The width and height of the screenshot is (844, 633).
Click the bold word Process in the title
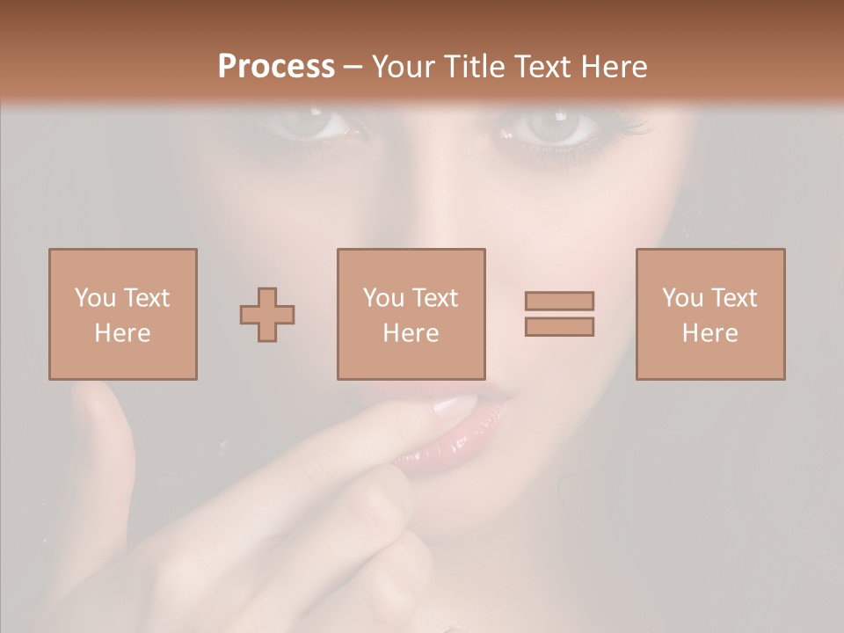[276, 67]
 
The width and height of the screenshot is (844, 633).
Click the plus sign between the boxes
[267, 315]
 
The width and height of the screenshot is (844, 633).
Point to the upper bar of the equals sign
[559, 302]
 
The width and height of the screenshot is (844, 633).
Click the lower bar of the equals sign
[559, 327]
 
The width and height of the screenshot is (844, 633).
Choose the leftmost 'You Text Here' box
[122, 314]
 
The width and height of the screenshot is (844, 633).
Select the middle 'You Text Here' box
[411, 314]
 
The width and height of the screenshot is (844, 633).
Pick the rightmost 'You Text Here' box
[709, 314]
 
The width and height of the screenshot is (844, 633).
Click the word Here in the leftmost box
[122, 333]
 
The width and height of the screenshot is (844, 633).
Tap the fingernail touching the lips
[456, 405]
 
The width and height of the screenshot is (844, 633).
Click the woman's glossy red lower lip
[440, 453]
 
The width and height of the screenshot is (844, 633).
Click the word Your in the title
[404, 67]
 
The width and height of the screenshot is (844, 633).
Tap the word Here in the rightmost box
[709, 333]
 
